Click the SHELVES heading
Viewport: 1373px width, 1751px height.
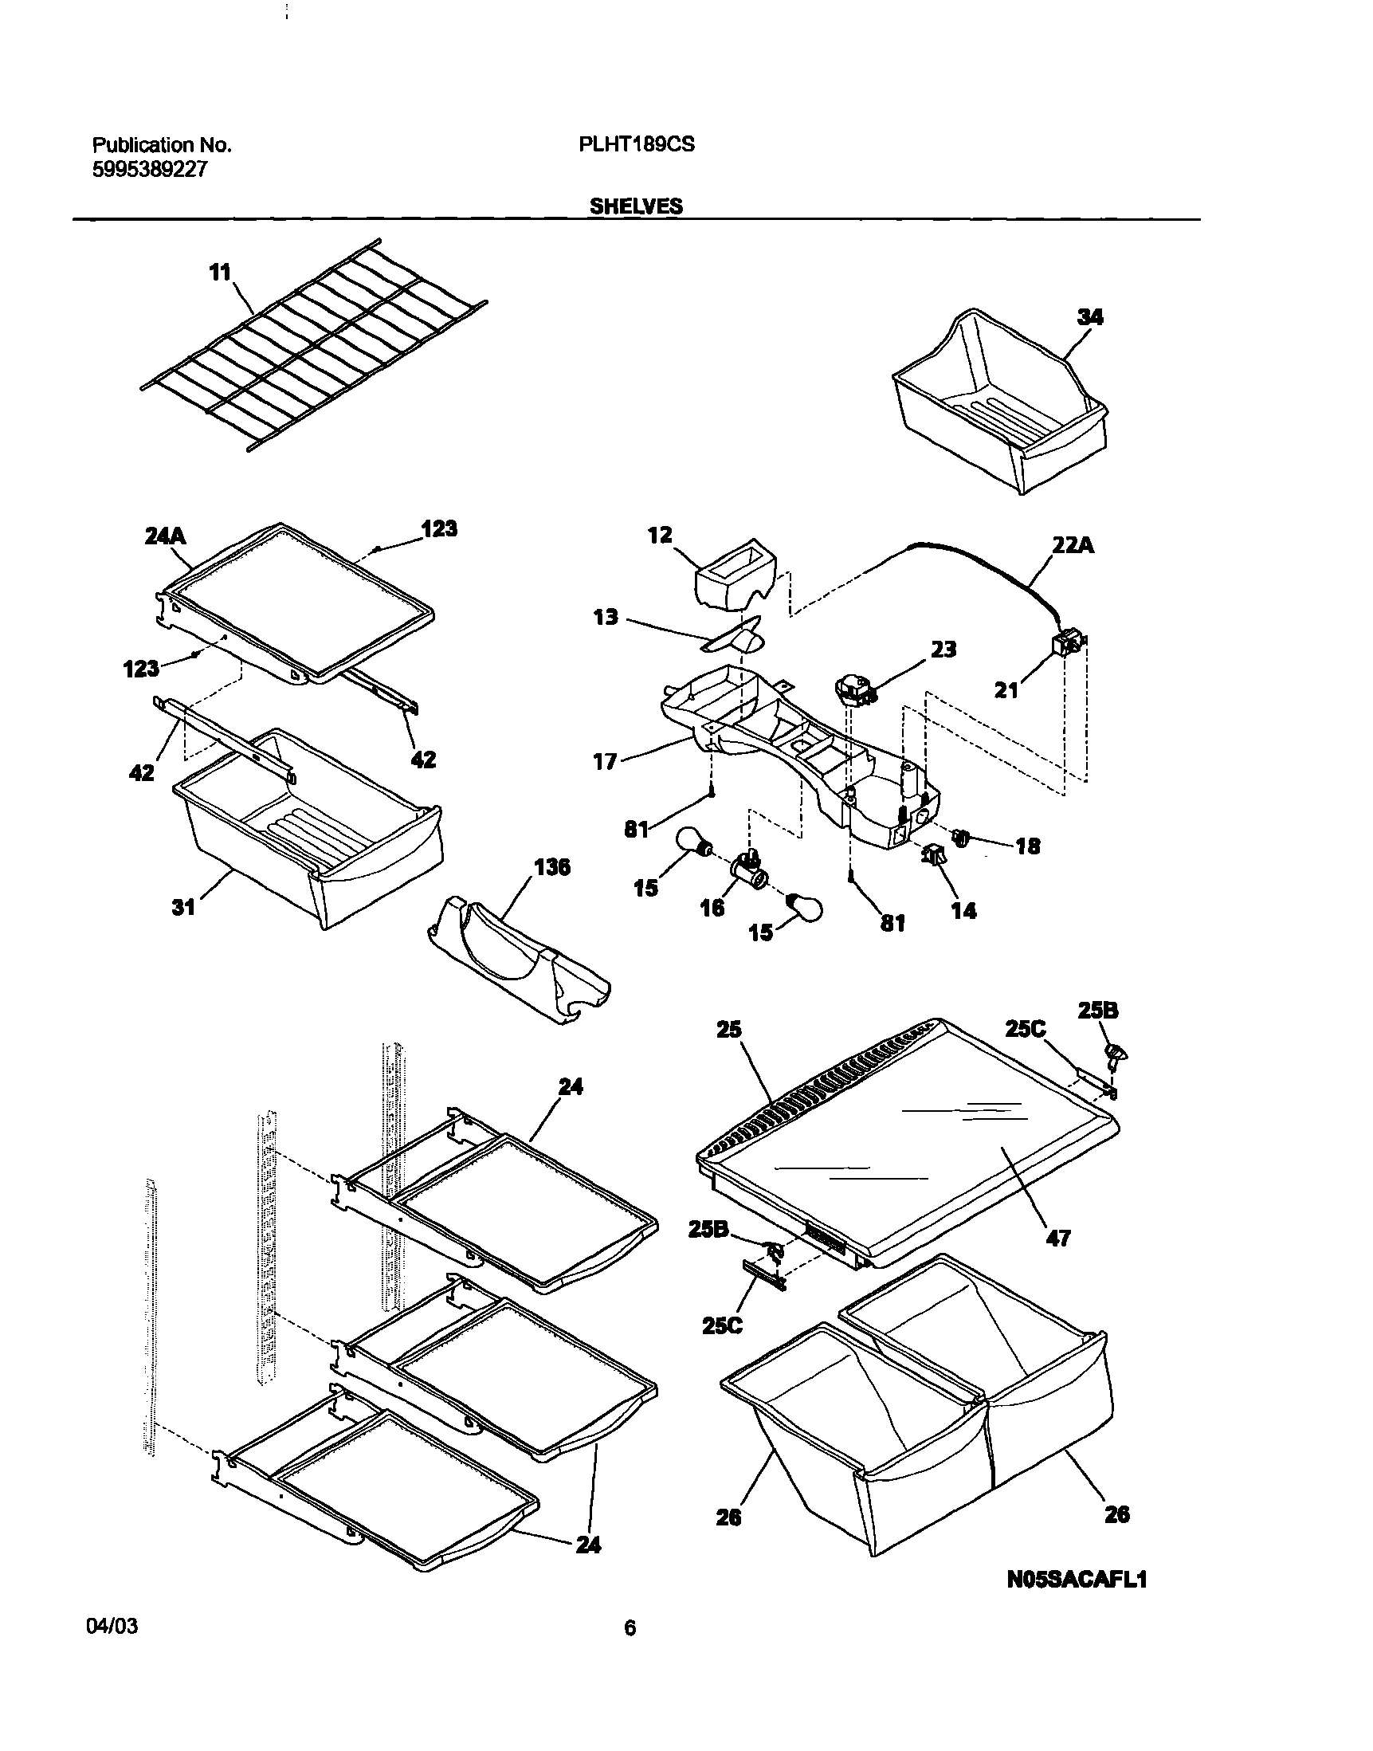pyautogui.click(x=636, y=206)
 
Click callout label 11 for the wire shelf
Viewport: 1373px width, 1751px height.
pyautogui.click(x=219, y=273)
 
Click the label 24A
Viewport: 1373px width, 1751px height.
pyautogui.click(x=166, y=536)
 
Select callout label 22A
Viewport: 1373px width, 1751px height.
pyautogui.click(x=1073, y=545)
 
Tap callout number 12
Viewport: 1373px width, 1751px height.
pyautogui.click(x=660, y=536)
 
